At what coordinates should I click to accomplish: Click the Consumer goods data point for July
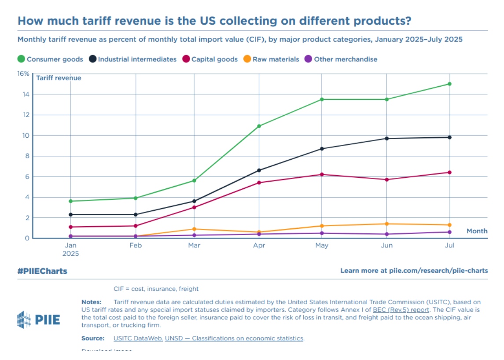tap(449, 84)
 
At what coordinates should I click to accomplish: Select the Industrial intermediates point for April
tap(259, 170)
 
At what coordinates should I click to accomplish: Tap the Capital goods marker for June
tap(387, 180)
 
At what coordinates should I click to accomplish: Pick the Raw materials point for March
tap(194, 229)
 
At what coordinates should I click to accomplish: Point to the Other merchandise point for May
tap(322, 233)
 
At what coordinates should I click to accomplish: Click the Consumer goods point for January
tap(71, 201)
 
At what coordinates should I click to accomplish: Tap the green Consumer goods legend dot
tap(21, 59)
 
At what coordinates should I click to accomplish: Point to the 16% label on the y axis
tap(23, 73)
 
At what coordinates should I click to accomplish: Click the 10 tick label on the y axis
tap(25, 136)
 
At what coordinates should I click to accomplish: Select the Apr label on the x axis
tap(259, 246)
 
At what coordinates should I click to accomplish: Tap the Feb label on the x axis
tap(136, 246)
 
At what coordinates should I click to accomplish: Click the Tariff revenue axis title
tap(59, 78)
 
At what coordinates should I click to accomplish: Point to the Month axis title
tap(477, 231)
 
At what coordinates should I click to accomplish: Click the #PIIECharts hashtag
tap(42, 271)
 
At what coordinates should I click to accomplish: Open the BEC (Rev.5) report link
tap(401, 310)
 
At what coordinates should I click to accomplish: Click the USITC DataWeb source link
tap(138, 338)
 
